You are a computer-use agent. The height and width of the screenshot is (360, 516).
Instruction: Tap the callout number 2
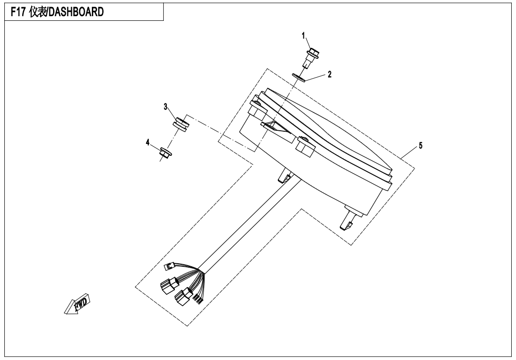point(329,74)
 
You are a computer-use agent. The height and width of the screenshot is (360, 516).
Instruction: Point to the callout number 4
point(148,142)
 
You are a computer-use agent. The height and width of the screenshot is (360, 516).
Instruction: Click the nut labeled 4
point(166,153)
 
